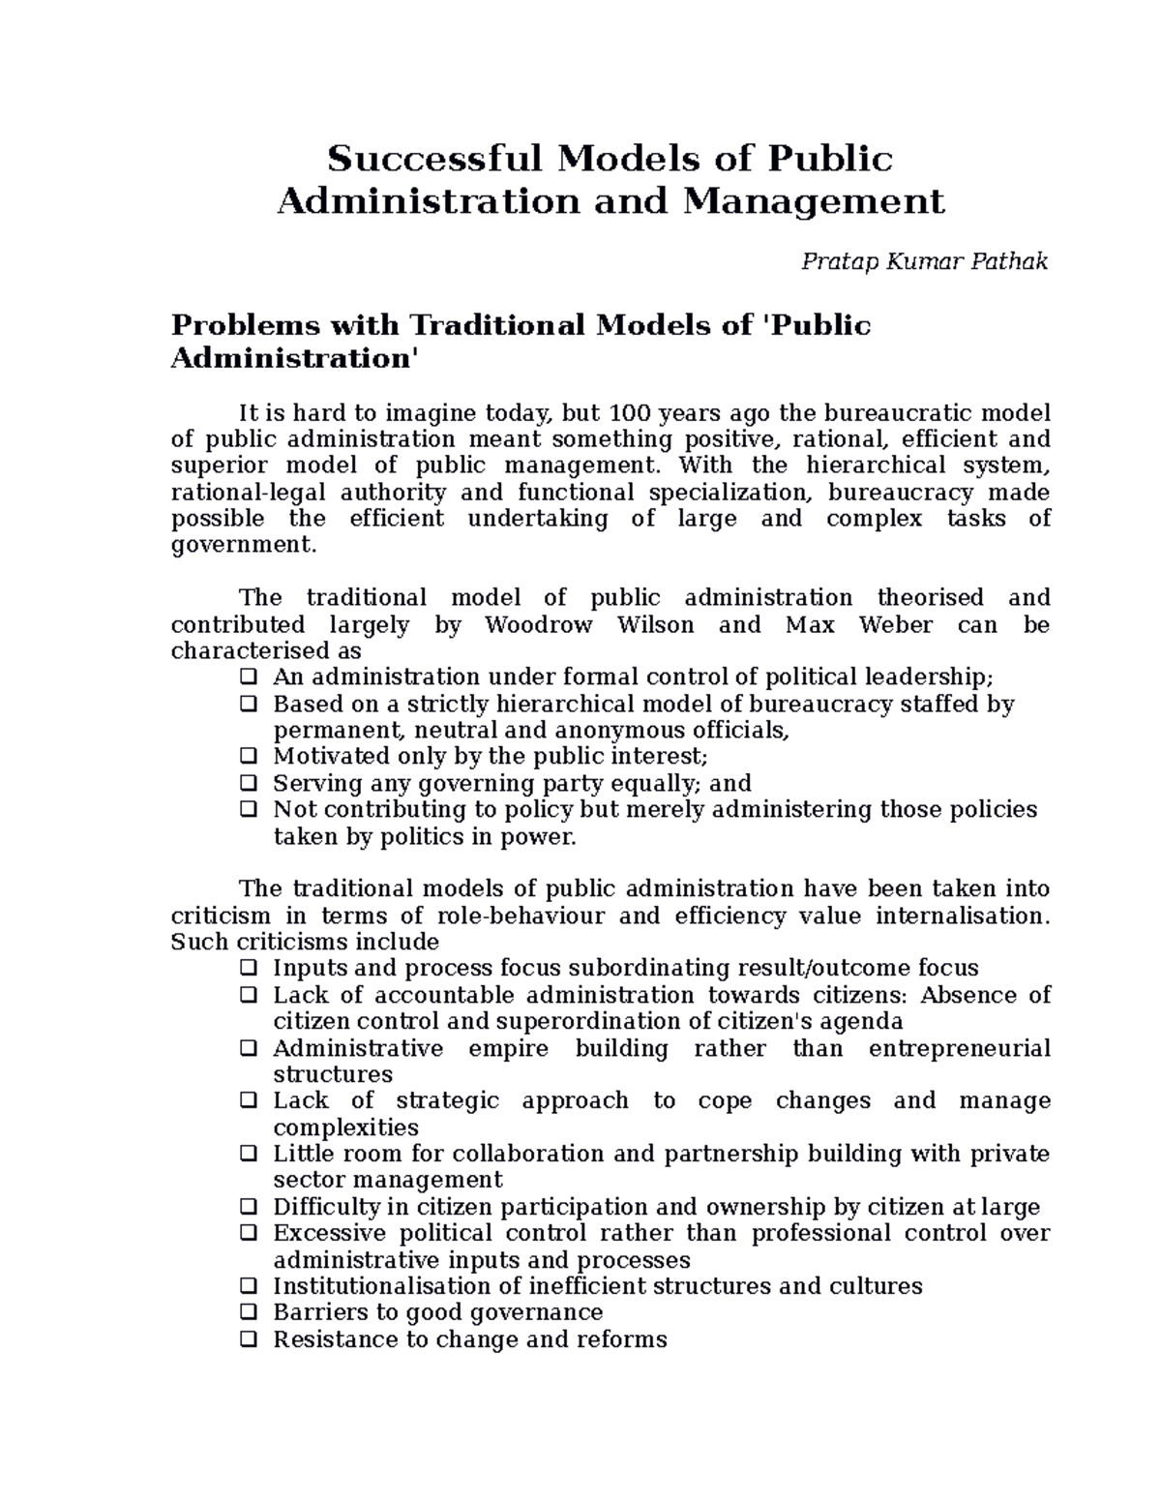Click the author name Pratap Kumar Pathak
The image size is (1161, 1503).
tap(924, 261)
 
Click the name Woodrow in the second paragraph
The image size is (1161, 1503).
tap(538, 625)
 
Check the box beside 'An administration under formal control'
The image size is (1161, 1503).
tap(249, 676)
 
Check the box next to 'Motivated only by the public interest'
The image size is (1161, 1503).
tap(249, 756)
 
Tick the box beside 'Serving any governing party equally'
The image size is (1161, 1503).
tap(249, 783)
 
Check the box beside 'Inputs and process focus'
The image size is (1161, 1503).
tap(249, 969)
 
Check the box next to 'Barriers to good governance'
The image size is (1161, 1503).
tap(249, 1313)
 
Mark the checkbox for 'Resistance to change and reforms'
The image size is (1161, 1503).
tap(249, 1340)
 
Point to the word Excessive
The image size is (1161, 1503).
tap(329, 1234)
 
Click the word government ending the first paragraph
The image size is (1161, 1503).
tap(242, 546)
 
